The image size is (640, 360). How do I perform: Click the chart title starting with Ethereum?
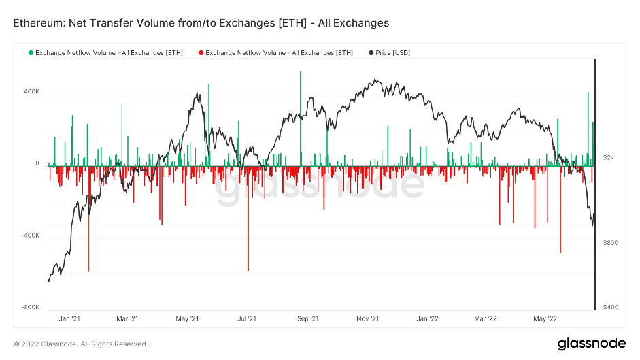coord(201,23)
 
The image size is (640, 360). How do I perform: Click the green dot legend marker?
coord(31,52)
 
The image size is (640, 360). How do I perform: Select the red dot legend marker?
coord(201,52)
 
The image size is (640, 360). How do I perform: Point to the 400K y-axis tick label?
coord(31,91)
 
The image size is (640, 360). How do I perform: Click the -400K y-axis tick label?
coord(31,235)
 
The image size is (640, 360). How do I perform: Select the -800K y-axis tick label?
coord(31,308)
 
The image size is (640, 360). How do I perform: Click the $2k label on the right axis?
coord(609,157)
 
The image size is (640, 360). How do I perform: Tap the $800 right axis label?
coord(611,243)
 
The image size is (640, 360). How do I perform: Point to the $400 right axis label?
coord(611,308)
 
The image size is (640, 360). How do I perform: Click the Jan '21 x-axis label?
coord(69,318)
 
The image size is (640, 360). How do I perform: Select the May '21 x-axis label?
coord(186,318)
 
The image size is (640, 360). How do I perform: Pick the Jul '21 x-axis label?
coord(246,318)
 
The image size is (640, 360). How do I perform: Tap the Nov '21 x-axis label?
coord(367,318)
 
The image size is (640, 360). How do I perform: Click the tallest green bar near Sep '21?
coord(300,116)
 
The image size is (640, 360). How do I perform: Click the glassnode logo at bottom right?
coord(587,343)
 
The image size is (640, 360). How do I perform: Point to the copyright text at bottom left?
coord(80,344)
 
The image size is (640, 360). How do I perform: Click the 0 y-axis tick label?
coord(37,163)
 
